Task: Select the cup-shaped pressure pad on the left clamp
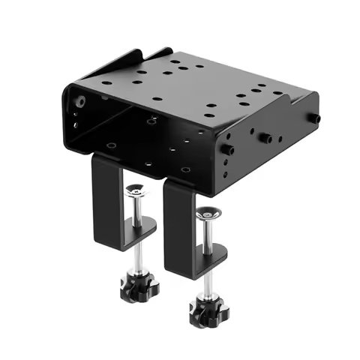point(135,191)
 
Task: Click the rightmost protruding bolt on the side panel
point(316,118)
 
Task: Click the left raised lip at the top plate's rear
point(128,59)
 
